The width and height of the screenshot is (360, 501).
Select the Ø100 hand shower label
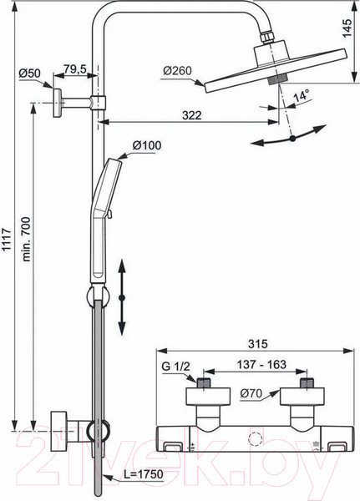pyautogui.click(x=145, y=145)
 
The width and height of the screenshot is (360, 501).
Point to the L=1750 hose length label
pyautogui.click(x=139, y=475)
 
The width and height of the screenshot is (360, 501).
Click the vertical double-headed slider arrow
pyautogui.click(x=122, y=296)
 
